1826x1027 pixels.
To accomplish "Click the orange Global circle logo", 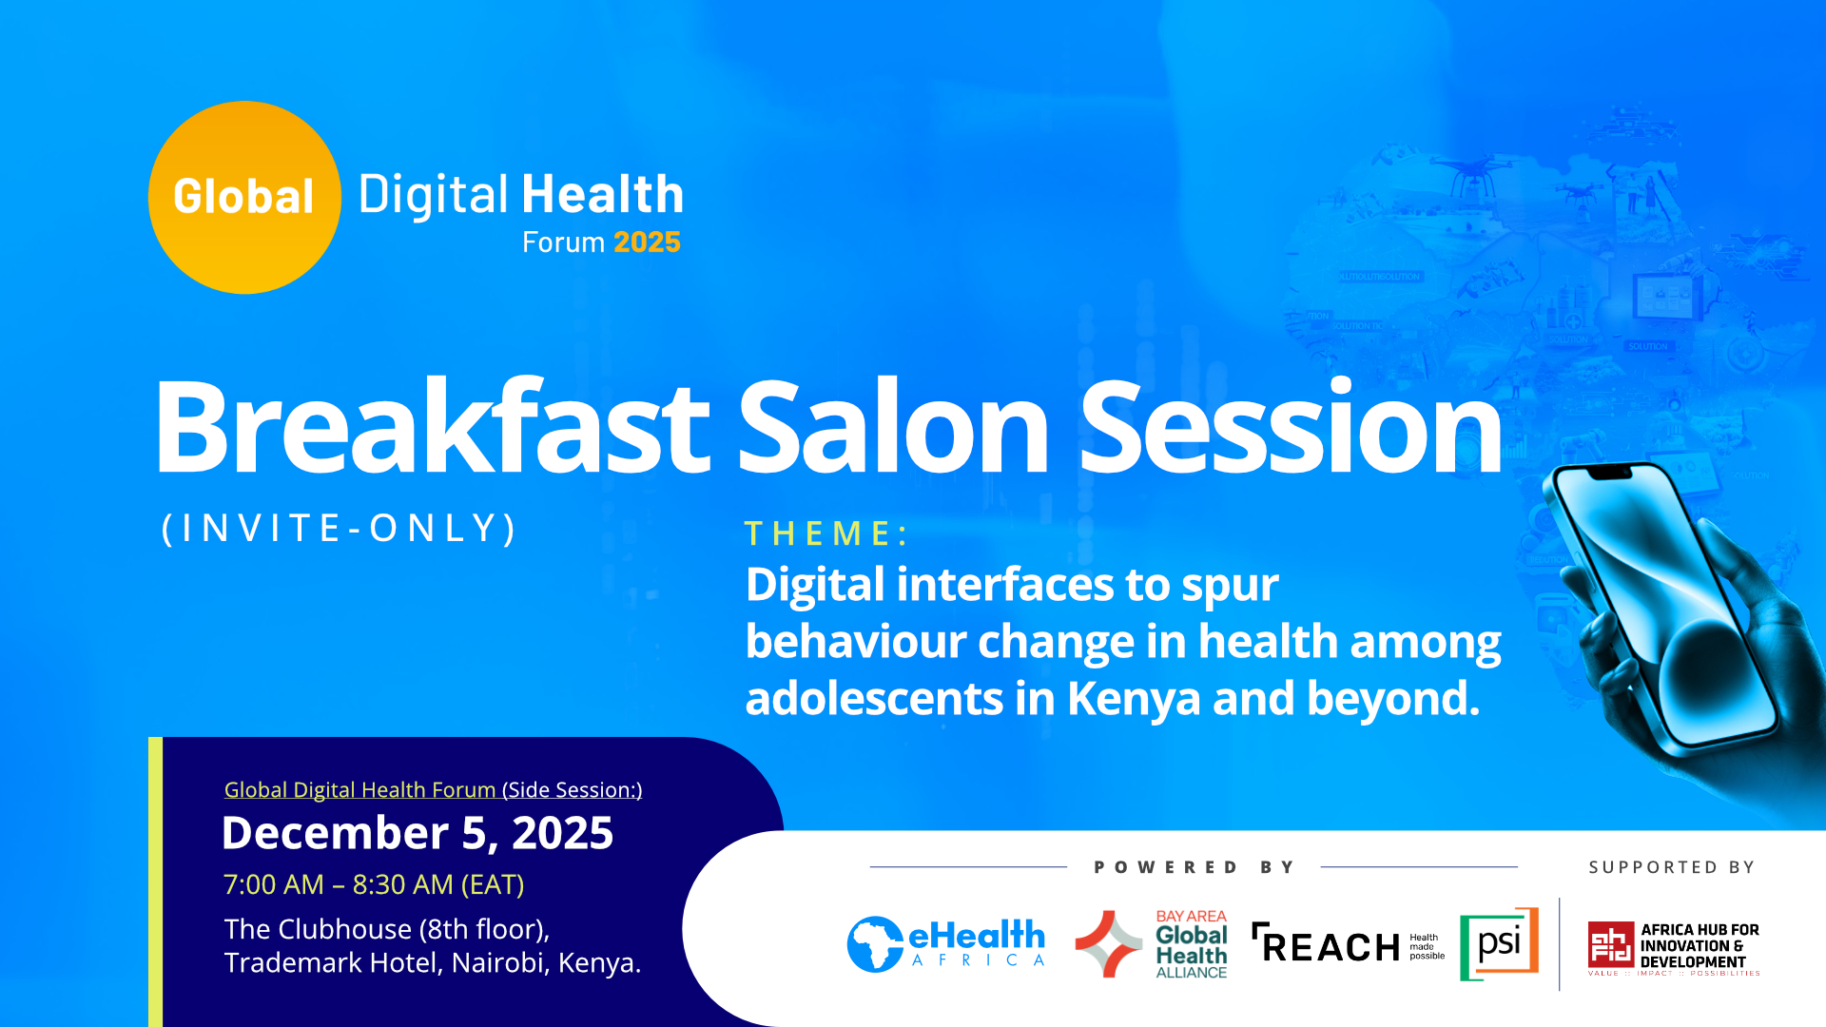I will tap(244, 197).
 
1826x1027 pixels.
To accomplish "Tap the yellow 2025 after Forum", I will tap(647, 242).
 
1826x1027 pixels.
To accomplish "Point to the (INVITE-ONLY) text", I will tap(340, 528).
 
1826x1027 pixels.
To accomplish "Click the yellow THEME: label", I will tap(826, 533).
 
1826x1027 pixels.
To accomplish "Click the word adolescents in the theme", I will tap(874, 698).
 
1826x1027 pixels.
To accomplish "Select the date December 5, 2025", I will tap(418, 833).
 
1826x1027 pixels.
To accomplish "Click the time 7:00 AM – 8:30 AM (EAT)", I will tap(374, 884).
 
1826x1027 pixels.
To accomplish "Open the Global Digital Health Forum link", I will tap(359, 789).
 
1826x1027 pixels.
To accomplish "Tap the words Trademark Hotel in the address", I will tap(332, 962).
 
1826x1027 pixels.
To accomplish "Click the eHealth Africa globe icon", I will tap(875, 944).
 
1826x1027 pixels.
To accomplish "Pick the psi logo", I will tap(1499, 943).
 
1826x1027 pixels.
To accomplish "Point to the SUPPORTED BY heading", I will tap(1671, 867).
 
